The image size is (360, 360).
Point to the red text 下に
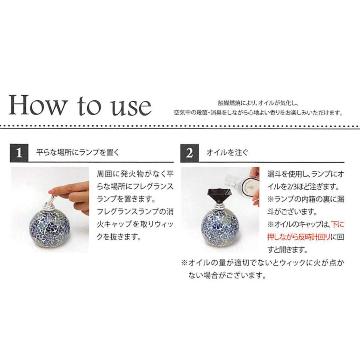(x=338, y=225)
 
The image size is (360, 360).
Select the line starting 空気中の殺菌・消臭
(x=258, y=113)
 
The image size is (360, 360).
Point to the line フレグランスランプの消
(x=135, y=212)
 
